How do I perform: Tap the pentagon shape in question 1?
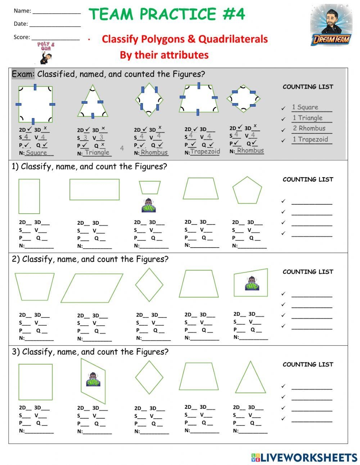pyautogui.click(x=247, y=191)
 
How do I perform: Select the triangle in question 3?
pyautogui.click(x=251, y=378)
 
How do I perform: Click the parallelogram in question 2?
pyautogui.click(x=92, y=288)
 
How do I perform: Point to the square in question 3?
pyautogui.click(x=35, y=382)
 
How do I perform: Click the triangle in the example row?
pyautogui.click(x=93, y=102)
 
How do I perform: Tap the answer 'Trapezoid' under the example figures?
pyautogui.click(x=205, y=151)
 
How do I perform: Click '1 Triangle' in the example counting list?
pyautogui.click(x=307, y=118)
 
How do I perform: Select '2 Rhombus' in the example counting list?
pyautogui.click(x=309, y=128)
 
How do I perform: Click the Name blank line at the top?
pyautogui.click(x=57, y=12)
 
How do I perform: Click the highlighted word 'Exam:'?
pyautogui.click(x=23, y=74)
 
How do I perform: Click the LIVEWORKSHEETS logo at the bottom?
pyautogui.click(x=304, y=457)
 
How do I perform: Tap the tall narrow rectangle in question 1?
pyautogui.click(x=29, y=196)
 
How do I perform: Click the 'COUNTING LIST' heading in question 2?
pyautogui.click(x=308, y=272)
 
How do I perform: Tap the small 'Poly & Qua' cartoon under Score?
pyautogui.click(x=46, y=53)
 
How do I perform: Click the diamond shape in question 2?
pyautogui.click(x=146, y=285)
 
